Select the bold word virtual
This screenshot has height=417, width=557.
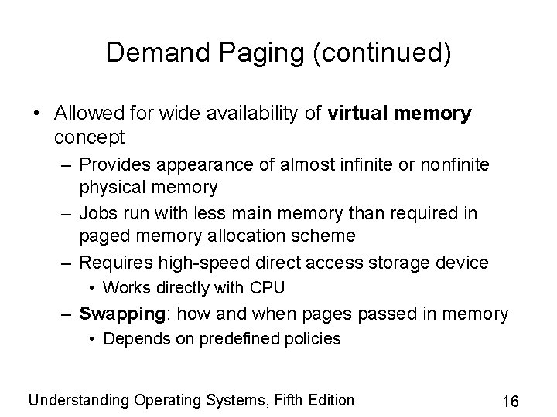click(x=357, y=114)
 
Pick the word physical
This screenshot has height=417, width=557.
click(x=111, y=187)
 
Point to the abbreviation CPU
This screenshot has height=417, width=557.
click(x=268, y=288)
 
